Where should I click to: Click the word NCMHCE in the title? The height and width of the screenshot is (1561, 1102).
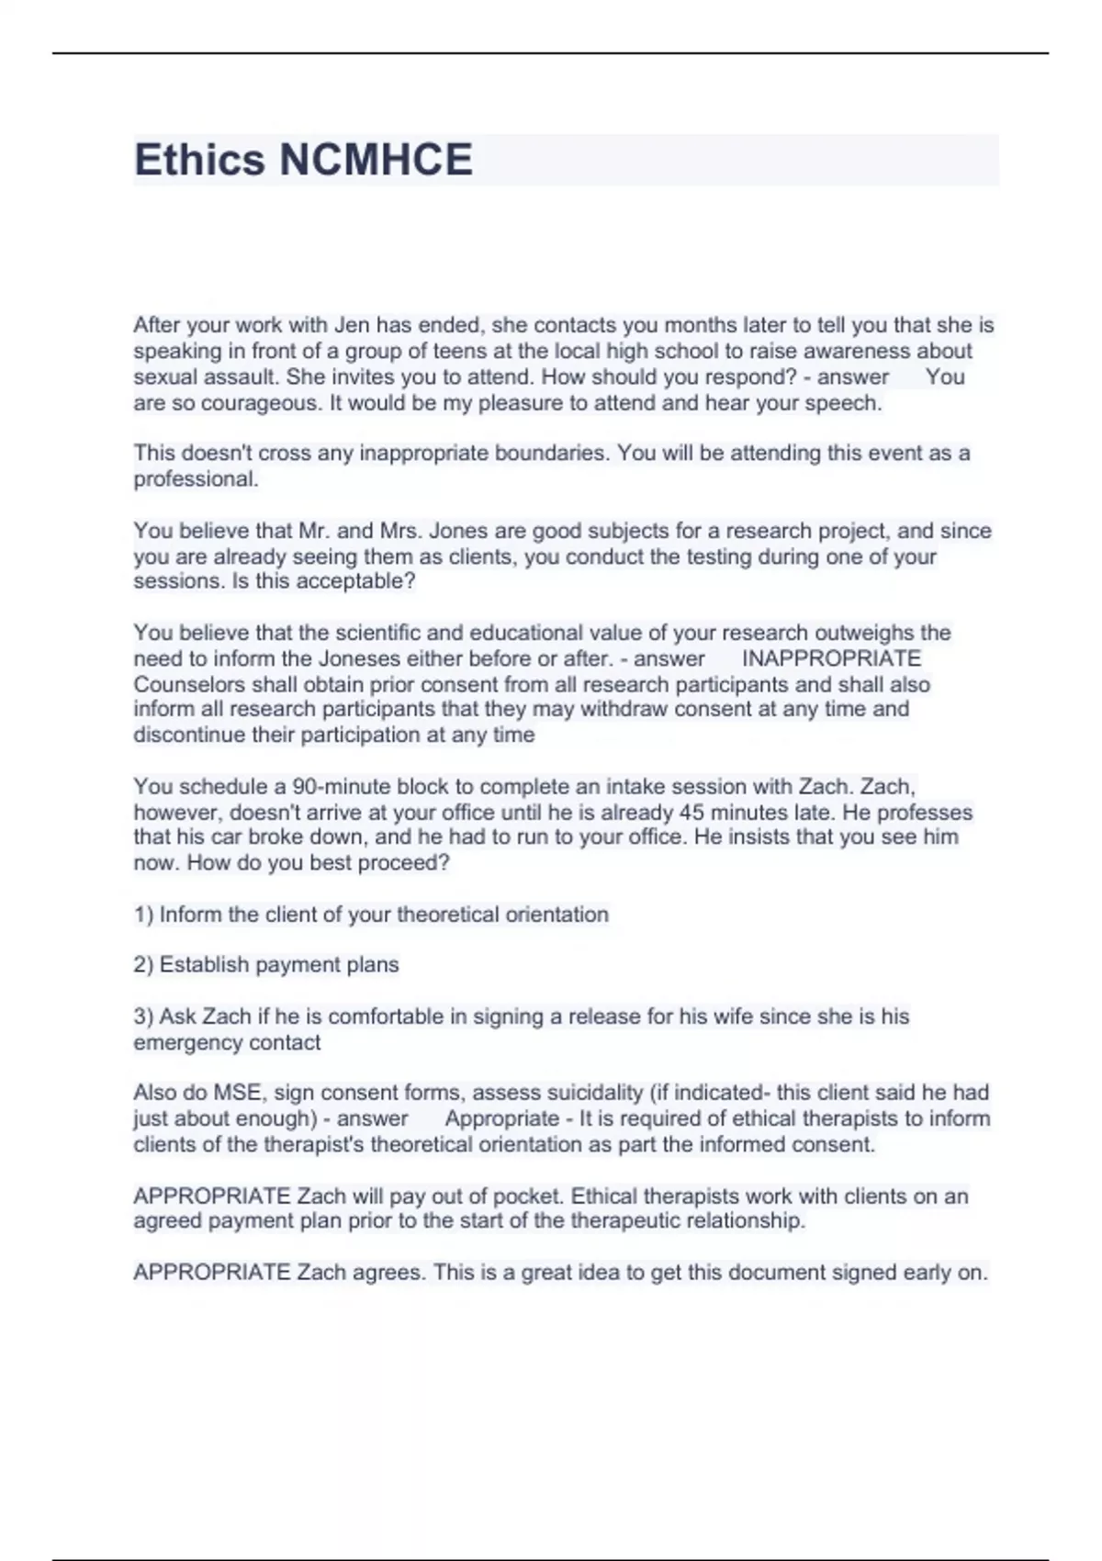click(x=376, y=160)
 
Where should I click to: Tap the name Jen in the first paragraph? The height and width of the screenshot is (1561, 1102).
click(x=351, y=325)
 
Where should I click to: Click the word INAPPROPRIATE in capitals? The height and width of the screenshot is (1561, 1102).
click(x=831, y=658)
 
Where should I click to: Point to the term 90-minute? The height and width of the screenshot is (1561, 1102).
click(x=333, y=787)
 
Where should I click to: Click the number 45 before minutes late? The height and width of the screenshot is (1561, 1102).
click(x=690, y=813)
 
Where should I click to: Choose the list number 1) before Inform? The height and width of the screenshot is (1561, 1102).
click(x=143, y=915)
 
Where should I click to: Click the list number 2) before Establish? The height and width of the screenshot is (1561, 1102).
click(x=143, y=965)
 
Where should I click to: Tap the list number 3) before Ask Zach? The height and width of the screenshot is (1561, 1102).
click(x=143, y=1016)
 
